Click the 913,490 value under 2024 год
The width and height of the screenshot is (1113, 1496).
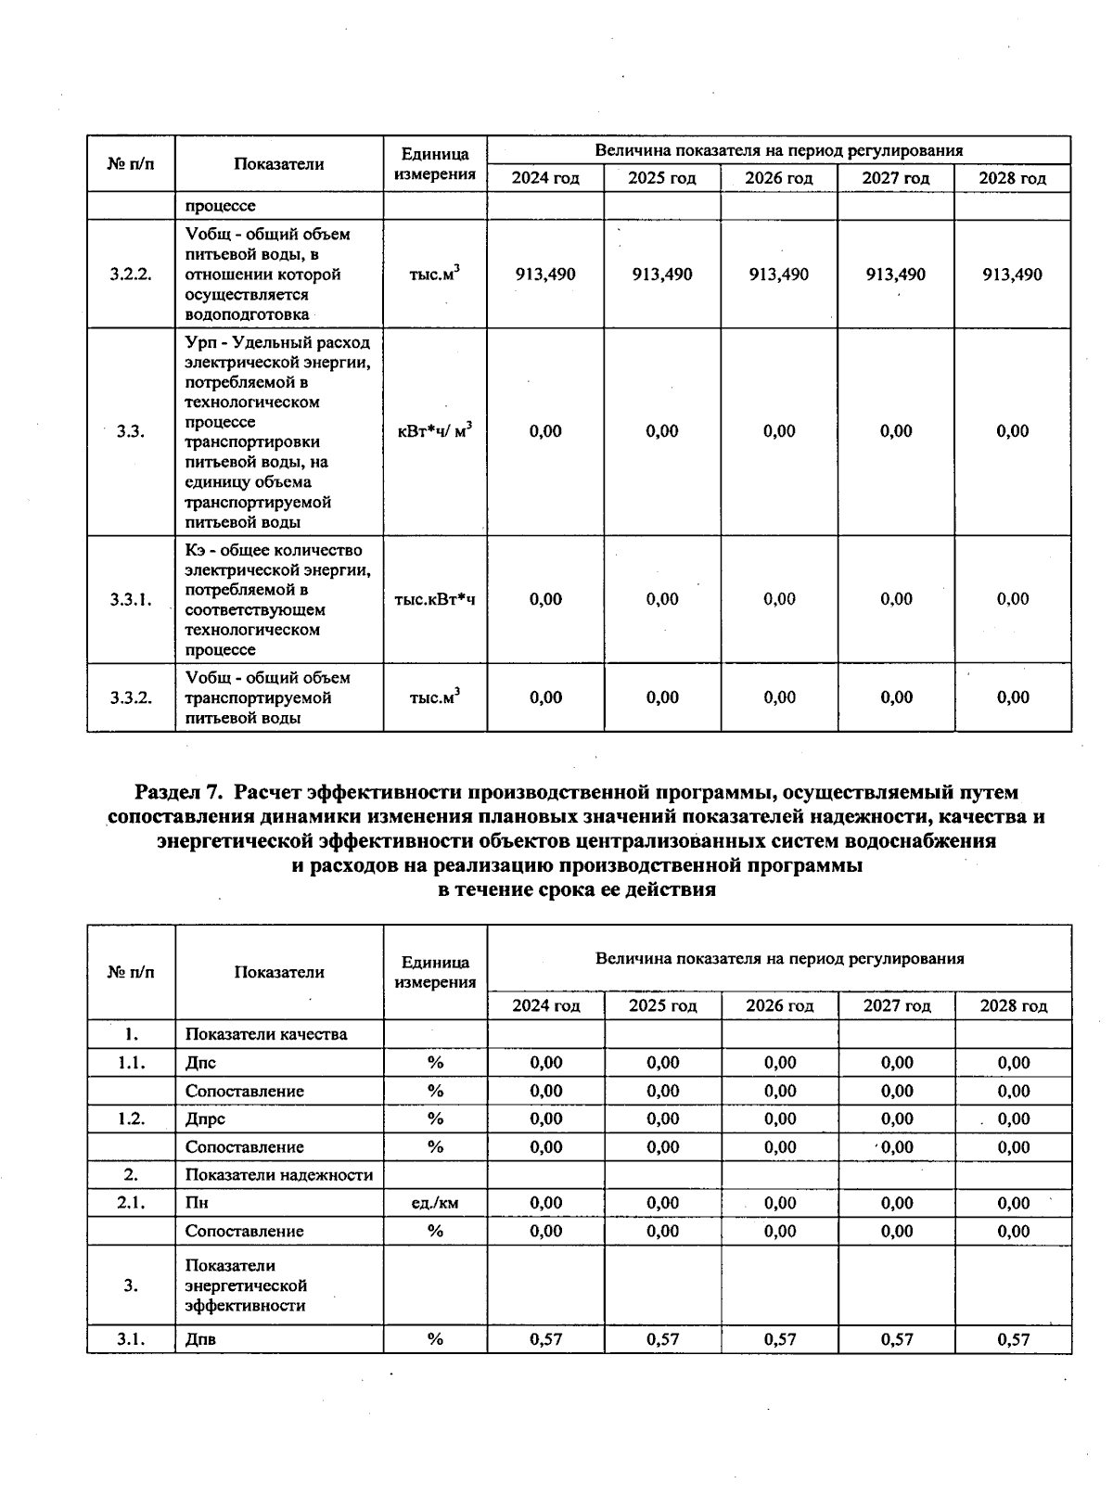(x=545, y=275)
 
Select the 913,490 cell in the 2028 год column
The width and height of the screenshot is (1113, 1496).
(x=1013, y=275)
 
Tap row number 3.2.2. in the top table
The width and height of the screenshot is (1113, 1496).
(x=131, y=275)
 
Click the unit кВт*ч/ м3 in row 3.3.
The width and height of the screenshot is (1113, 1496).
(x=434, y=431)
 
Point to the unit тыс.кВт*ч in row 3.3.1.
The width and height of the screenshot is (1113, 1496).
(x=434, y=599)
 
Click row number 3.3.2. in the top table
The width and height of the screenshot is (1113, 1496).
(x=131, y=697)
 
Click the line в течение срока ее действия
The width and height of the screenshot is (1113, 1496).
(x=576, y=889)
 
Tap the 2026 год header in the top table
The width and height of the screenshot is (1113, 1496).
(x=779, y=178)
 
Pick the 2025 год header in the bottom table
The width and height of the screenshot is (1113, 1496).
(x=662, y=1006)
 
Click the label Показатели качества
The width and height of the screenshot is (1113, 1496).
(x=266, y=1034)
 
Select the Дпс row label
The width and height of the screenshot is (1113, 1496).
(x=200, y=1063)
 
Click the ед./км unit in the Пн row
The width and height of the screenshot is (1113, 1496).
(x=434, y=1203)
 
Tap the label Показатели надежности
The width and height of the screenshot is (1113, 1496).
(x=279, y=1175)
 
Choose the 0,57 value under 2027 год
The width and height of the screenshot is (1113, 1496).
(x=896, y=1339)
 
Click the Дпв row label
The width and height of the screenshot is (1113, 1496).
(x=200, y=1339)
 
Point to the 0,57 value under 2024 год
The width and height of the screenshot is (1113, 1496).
(x=545, y=1339)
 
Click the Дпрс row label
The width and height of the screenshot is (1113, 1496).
(x=205, y=1119)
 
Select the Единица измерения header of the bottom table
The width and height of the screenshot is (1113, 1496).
(x=434, y=972)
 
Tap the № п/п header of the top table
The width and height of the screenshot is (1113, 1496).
(x=131, y=164)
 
